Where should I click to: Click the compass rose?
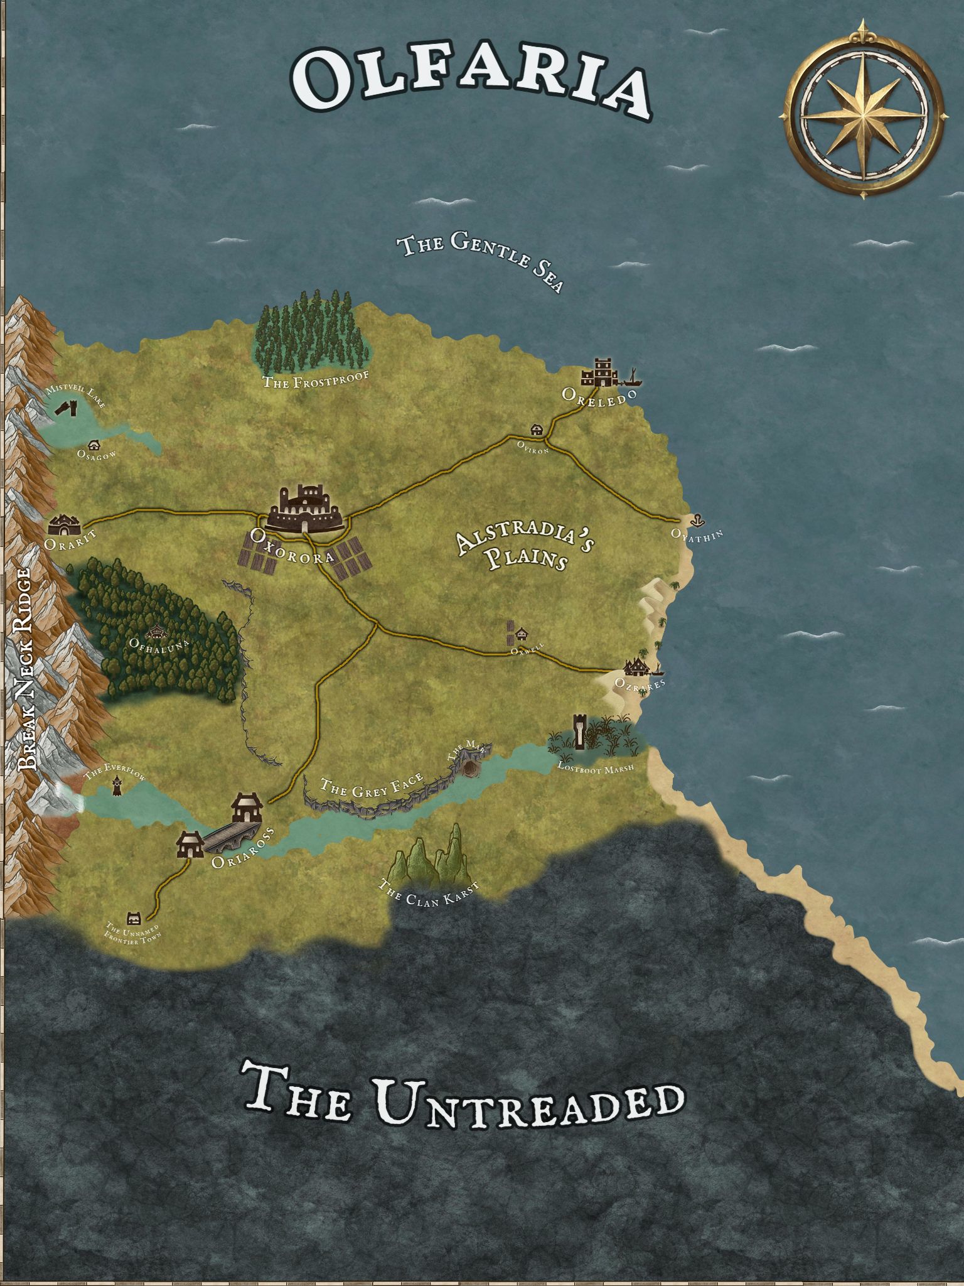click(865, 111)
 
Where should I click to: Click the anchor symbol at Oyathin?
click(695, 519)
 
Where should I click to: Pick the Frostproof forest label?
click(314, 379)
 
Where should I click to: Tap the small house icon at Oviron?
click(537, 430)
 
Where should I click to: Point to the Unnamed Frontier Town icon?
click(133, 917)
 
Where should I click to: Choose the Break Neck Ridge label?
click(28, 669)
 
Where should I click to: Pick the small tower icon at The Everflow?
click(117, 785)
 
